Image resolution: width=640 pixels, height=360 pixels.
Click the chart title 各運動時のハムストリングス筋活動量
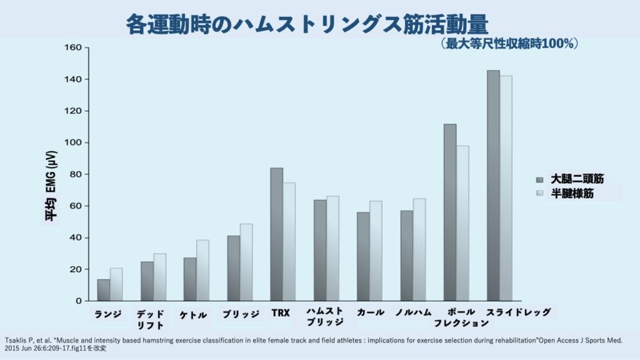coord(307,24)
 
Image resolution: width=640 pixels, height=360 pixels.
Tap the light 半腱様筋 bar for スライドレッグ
coord(506,188)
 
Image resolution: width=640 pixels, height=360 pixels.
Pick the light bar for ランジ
coord(116,284)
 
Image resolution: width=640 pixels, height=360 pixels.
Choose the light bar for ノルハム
coord(419,250)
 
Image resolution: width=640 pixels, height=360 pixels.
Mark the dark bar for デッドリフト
coord(147,281)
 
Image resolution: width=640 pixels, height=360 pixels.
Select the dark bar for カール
coord(363,257)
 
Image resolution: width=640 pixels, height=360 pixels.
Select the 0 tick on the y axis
coord(79,301)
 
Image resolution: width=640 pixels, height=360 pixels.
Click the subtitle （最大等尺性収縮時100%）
coord(509,44)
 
